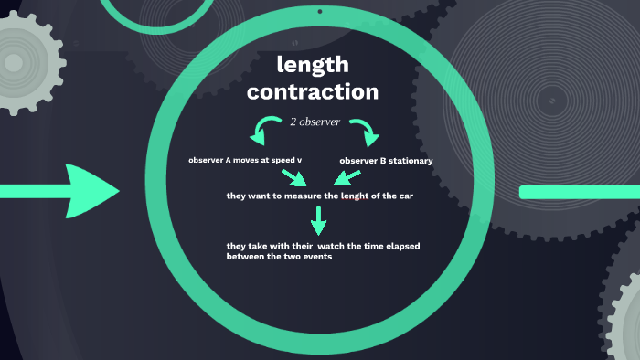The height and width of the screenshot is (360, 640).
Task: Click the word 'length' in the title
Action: [312, 65]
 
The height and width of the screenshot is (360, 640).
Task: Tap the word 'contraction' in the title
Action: [312, 91]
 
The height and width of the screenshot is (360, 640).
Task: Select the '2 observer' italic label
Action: [315, 122]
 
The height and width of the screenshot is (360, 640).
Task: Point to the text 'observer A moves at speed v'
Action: [245, 160]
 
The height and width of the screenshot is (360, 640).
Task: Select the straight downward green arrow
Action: [317, 220]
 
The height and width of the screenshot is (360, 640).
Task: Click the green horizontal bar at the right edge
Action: [579, 192]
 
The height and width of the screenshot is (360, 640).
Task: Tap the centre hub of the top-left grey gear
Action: [15, 62]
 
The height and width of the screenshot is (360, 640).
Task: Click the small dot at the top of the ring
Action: [319, 11]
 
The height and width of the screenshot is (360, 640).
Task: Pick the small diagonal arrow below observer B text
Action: [348, 175]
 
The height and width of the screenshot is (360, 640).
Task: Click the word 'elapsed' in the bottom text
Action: [400, 247]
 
